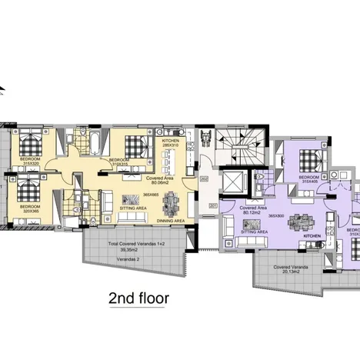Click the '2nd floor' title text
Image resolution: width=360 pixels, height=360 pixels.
(138, 297)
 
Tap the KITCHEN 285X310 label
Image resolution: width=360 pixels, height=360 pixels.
(170, 143)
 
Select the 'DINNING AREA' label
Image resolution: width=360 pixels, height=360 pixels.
(169, 222)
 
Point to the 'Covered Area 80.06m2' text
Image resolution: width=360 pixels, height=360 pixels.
(159, 181)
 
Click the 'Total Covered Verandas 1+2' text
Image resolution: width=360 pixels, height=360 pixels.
(128, 244)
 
